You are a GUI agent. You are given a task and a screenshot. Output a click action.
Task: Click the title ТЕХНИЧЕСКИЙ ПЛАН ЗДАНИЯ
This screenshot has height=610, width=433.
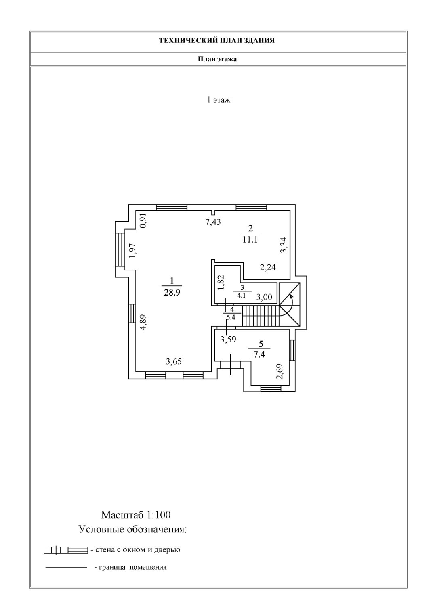point(217,40)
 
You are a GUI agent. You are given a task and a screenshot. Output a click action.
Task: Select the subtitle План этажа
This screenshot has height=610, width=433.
point(217,59)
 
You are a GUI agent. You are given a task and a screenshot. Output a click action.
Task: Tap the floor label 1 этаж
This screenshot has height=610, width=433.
point(219,100)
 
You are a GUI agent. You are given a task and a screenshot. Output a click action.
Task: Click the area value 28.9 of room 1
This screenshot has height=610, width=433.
point(172,293)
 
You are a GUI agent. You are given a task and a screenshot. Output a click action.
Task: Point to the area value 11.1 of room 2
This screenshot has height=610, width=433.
point(250,239)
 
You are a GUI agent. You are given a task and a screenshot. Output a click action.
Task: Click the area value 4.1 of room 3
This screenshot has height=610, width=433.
point(242,295)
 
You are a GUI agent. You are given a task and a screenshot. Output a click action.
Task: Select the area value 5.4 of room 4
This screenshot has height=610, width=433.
point(231,317)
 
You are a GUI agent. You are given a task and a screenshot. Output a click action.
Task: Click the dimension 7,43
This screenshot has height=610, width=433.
point(213,222)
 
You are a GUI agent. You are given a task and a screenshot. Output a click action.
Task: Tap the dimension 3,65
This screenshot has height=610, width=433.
point(174,362)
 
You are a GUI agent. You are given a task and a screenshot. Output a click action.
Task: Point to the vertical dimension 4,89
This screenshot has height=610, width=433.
point(143,323)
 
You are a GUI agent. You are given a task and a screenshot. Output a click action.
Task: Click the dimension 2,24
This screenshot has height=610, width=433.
point(267,267)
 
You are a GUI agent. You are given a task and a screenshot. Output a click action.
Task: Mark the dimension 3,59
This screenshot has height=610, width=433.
point(228,340)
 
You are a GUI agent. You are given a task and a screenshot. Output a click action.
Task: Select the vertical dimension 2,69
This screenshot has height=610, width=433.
point(280,372)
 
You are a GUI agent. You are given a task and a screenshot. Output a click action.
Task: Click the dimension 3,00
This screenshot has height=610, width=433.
point(265,298)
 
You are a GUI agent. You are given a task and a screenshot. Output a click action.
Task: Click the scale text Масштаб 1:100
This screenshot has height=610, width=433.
point(136,515)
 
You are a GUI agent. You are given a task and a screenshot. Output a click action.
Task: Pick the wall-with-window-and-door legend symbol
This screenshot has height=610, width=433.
point(66,550)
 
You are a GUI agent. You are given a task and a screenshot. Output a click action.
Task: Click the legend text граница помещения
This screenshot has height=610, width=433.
point(130,567)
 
